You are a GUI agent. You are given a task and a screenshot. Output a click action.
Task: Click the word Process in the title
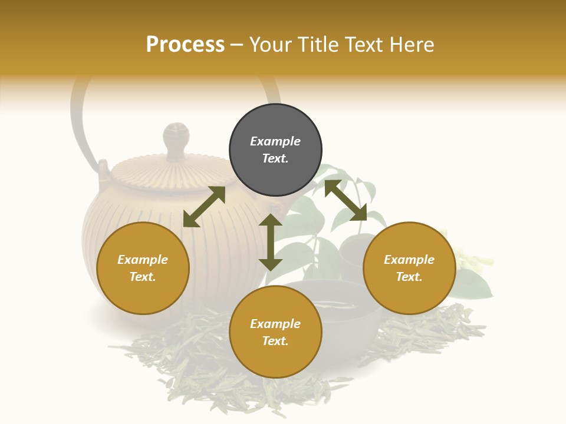[x=185, y=45]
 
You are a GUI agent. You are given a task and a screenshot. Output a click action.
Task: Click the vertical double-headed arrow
[x=271, y=242]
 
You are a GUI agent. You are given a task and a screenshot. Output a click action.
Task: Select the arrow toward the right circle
[x=345, y=200]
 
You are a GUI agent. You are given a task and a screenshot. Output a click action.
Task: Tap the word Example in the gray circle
[x=275, y=141]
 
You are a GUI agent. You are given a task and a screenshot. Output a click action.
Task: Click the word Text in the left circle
[x=143, y=277]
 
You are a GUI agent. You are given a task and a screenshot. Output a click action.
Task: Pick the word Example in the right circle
[x=409, y=260]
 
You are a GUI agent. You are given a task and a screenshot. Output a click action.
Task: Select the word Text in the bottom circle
[x=275, y=341]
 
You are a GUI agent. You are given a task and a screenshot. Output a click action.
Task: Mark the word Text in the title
[x=363, y=45]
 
